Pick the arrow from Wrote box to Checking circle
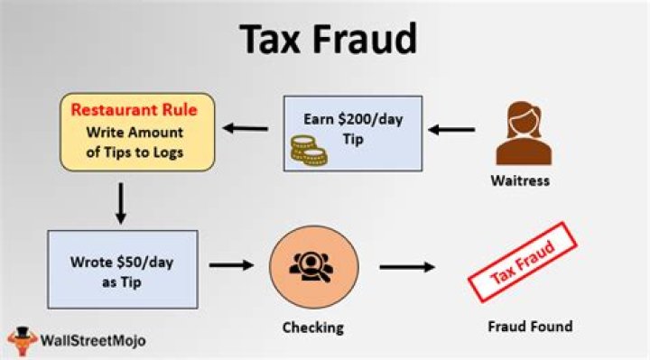tap(230, 266)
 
